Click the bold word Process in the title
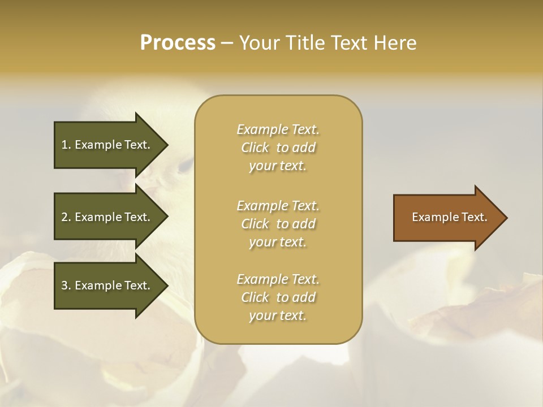click(x=178, y=43)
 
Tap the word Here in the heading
click(x=396, y=43)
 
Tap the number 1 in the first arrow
click(x=64, y=145)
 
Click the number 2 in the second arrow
click(x=64, y=217)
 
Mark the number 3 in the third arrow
click(x=64, y=285)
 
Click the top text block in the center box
click(x=278, y=148)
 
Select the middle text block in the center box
click(x=278, y=224)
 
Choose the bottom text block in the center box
click(x=278, y=297)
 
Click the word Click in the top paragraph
click(x=255, y=148)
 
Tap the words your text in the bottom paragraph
click(x=278, y=316)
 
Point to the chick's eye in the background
click(x=186, y=164)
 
